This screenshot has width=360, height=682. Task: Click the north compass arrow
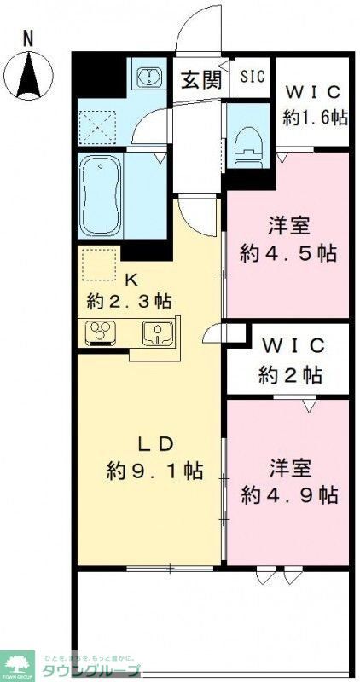pos(28,74)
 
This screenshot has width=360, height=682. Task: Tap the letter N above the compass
pos(28,38)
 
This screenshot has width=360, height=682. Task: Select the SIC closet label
pos(252,77)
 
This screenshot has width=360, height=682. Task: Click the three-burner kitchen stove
pos(102,332)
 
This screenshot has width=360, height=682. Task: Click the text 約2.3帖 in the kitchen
pos(130,300)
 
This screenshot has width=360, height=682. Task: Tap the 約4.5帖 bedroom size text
pos(287,254)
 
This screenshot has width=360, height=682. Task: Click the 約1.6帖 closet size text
pos(316,116)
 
